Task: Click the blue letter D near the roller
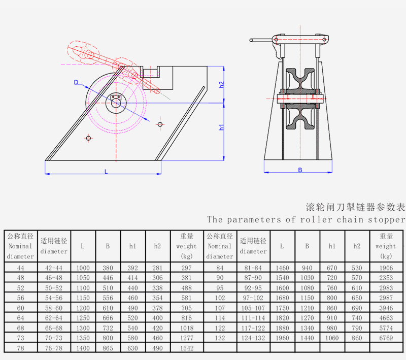[x=76, y=82]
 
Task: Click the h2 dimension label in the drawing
[x=222, y=85]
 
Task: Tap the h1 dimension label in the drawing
[x=222, y=127]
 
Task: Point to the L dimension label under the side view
[x=106, y=172]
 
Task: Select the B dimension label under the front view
[x=300, y=170]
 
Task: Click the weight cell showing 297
[x=186, y=268]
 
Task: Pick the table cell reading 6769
[x=386, y=338]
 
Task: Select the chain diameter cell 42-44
[x=54, y=268]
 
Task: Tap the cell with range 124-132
[x=253, y=338]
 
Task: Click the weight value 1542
[x=187, y=348]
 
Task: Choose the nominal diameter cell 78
[x=21, y=348]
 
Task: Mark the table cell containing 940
[x=307, y=268]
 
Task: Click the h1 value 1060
[x=332, y=338]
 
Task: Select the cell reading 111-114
[x=253, y=318]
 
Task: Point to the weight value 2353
[x=386, y=278]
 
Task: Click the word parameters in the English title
[x=254, y=220]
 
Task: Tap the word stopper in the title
[x=386, y=220]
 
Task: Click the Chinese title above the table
[x=355, y=207]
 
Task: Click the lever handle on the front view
[x=261, y=40]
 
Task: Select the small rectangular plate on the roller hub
[x=116, y=97]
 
